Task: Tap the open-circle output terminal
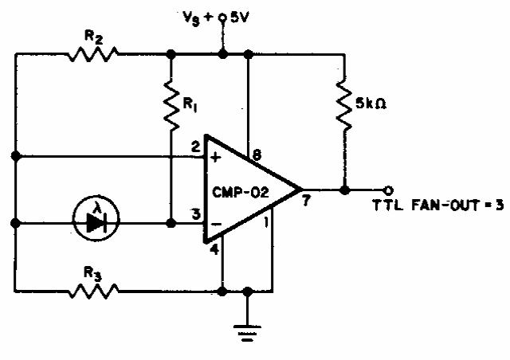click(387, 190)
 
